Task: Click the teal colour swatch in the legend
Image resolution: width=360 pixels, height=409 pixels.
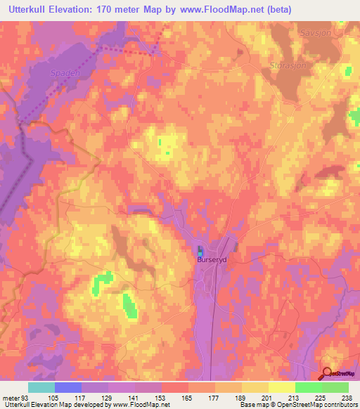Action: pyautogui.click(x=41, y=387)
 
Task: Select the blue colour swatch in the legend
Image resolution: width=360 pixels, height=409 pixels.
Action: pyautogui.click(x=68, y=387)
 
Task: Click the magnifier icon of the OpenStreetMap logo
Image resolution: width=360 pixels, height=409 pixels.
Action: pyautogui.click(x=328, y=373)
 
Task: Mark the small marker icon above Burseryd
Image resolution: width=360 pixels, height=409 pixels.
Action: pyautogui.click(x=200, y=251)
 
